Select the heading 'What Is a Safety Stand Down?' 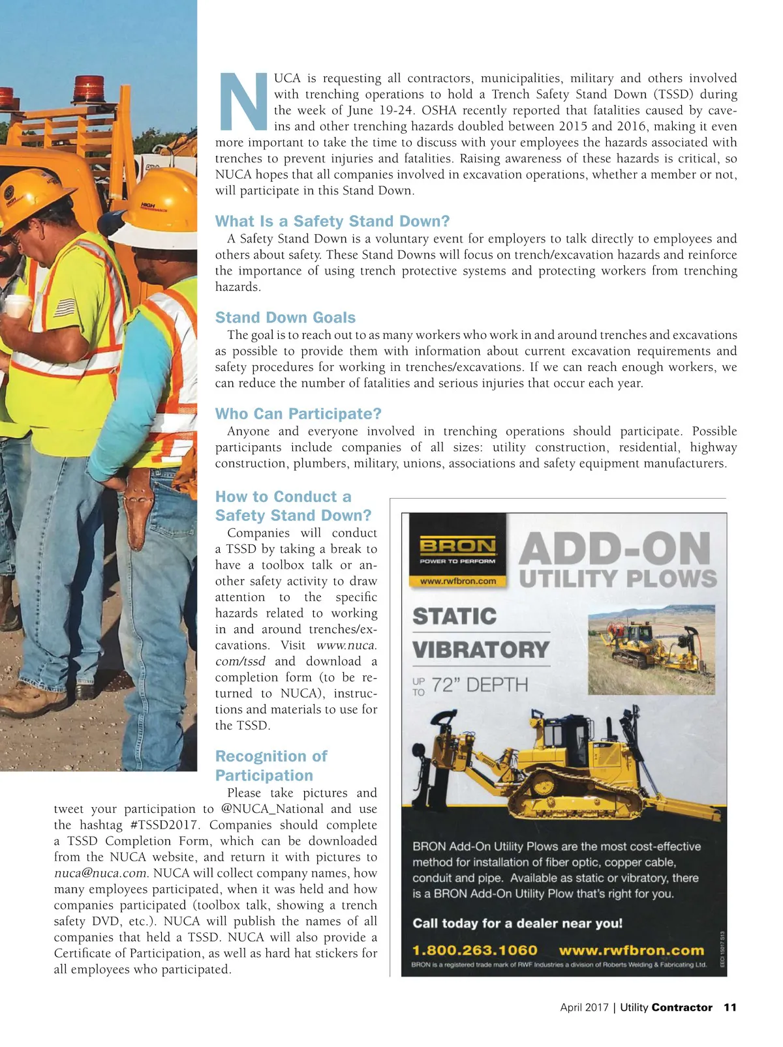coord(332,221)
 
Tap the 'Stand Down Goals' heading coord(285,317)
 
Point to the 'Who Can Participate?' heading coord(298,414)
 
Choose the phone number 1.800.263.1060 coord(474,950)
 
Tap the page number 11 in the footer coord(729,1007)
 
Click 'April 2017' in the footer coord(583,1007)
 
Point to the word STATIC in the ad coord(455,616)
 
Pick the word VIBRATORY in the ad coord(481,650)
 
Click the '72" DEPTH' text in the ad coord(480,685)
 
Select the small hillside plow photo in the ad coord(651,649)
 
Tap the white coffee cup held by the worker coord(17,306)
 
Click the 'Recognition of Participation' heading coord(270,765)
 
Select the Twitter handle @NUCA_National coord(273,809)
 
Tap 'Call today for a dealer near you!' coord(517,923)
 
